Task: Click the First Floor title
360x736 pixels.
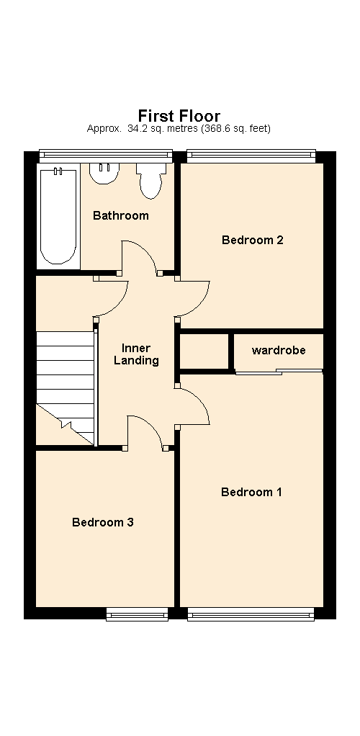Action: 179,115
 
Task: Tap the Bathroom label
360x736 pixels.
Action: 121,215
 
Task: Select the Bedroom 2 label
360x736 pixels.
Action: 253,240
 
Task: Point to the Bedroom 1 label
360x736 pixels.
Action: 251,492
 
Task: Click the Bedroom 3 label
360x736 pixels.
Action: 103,522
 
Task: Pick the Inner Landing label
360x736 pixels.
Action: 136,354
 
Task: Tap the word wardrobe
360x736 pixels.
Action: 279,350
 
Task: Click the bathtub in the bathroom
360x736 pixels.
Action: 58,216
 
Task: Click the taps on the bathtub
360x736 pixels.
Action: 58,171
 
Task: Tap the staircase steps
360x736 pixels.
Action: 66,387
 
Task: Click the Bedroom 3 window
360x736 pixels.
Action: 137,614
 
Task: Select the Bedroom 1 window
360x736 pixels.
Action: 251,614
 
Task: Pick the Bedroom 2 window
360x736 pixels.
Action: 251,156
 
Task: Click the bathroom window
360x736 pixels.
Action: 106,156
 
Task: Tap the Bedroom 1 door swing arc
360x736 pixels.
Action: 200,400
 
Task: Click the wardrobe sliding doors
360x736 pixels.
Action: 279,372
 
